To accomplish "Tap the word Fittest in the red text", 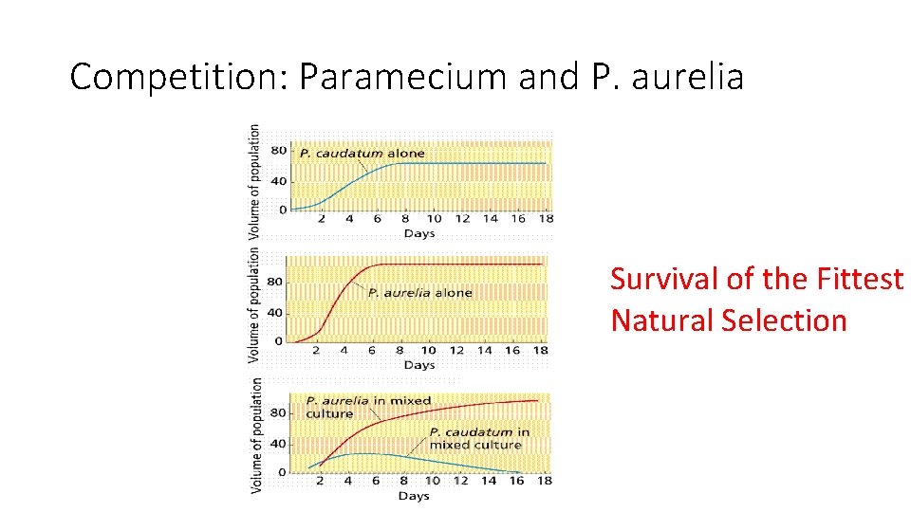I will tap(858, 279).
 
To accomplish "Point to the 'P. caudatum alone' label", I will tap(362, 153).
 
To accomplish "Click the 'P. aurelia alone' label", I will tap(419, 292).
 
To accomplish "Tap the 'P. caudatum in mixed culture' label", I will tap(478, 438).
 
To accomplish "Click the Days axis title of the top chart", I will tap(418, 233).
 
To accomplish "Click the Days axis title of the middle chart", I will tap(418, 365).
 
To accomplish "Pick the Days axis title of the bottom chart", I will tap(414, 496).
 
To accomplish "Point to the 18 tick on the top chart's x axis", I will tap(545, 219).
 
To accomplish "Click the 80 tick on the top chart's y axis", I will tap(279, 150).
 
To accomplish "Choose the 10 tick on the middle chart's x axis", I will tap(428, 351).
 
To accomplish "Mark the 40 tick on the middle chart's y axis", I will tap(275, 312).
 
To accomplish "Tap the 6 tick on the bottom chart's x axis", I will tap(375, 482).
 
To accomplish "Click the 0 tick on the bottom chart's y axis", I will tap(281, 471).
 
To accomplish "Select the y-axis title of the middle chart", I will tap(253, 305).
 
